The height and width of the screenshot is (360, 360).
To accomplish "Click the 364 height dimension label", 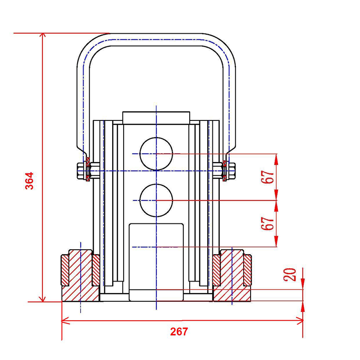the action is [30, 180].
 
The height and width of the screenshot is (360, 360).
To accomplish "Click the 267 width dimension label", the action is [179, 331].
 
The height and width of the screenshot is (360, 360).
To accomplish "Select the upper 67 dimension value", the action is [268, 177].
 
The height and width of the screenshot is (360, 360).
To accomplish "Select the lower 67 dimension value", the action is [268, 223].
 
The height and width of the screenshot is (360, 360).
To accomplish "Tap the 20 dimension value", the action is [290, 274].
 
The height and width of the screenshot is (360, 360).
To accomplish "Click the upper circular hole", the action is [156, 154].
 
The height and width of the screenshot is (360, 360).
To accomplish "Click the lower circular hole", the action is [156, 200].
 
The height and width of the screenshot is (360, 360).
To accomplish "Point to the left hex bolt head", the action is [81, 171].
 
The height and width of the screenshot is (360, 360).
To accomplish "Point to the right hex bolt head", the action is [231, 171].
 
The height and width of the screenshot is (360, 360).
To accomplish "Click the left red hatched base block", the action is [80, 276].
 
